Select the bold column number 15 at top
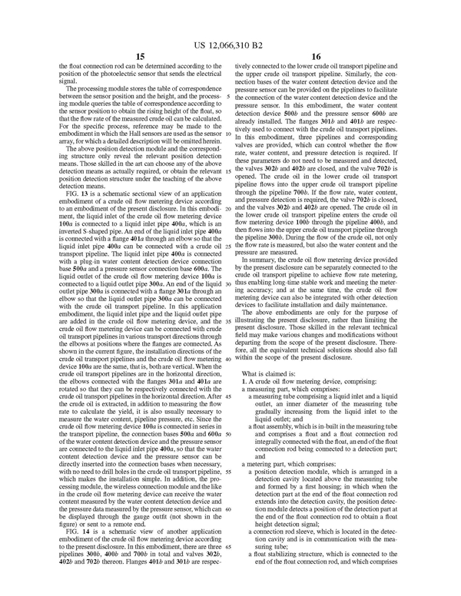[x=139, y=56]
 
